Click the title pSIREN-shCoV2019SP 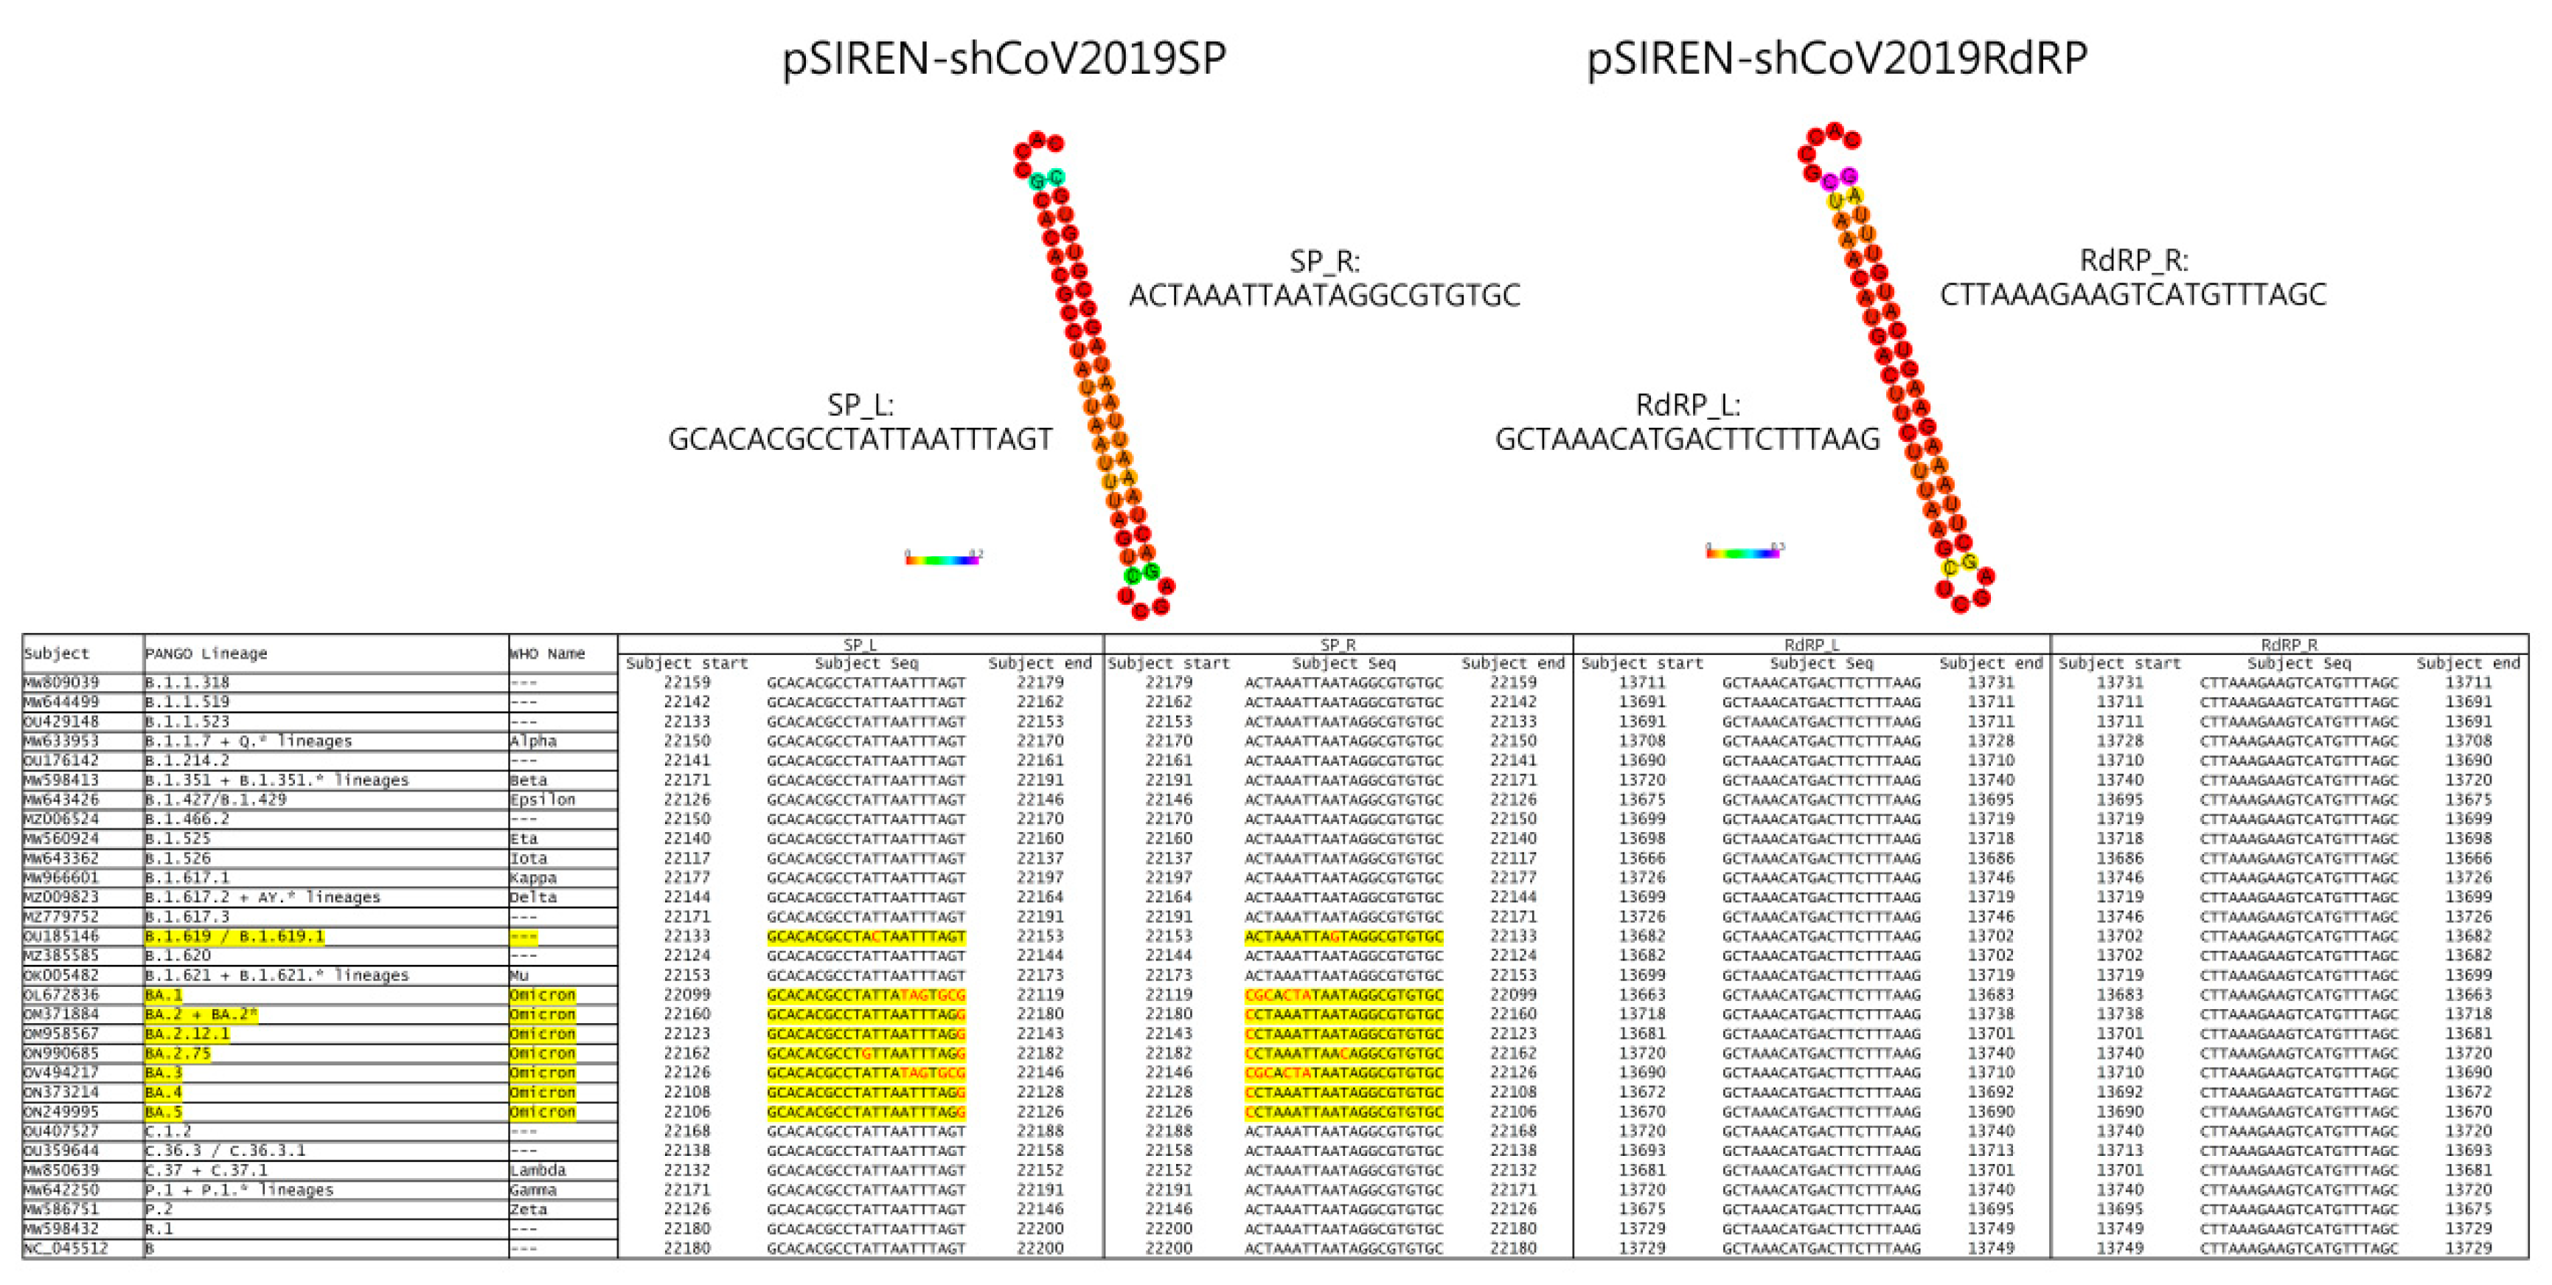(x=1004, y=58)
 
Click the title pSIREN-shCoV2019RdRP (x=1836, y=58)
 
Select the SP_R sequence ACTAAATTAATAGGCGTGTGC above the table (x=1324, y=295)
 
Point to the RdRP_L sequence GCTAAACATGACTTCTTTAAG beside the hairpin (x=1686, y=439)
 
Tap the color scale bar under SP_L (x=941, y=560)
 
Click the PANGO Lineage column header (x=206, y=654)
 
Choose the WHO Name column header (x=547, y=654)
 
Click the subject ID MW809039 (x=61, y=682)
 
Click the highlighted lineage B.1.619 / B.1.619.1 (x=234, y=936)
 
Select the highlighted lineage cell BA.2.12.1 (x=187, y=1033)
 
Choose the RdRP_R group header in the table (x=2289, y=645)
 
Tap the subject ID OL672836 (x=61, y=994)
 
